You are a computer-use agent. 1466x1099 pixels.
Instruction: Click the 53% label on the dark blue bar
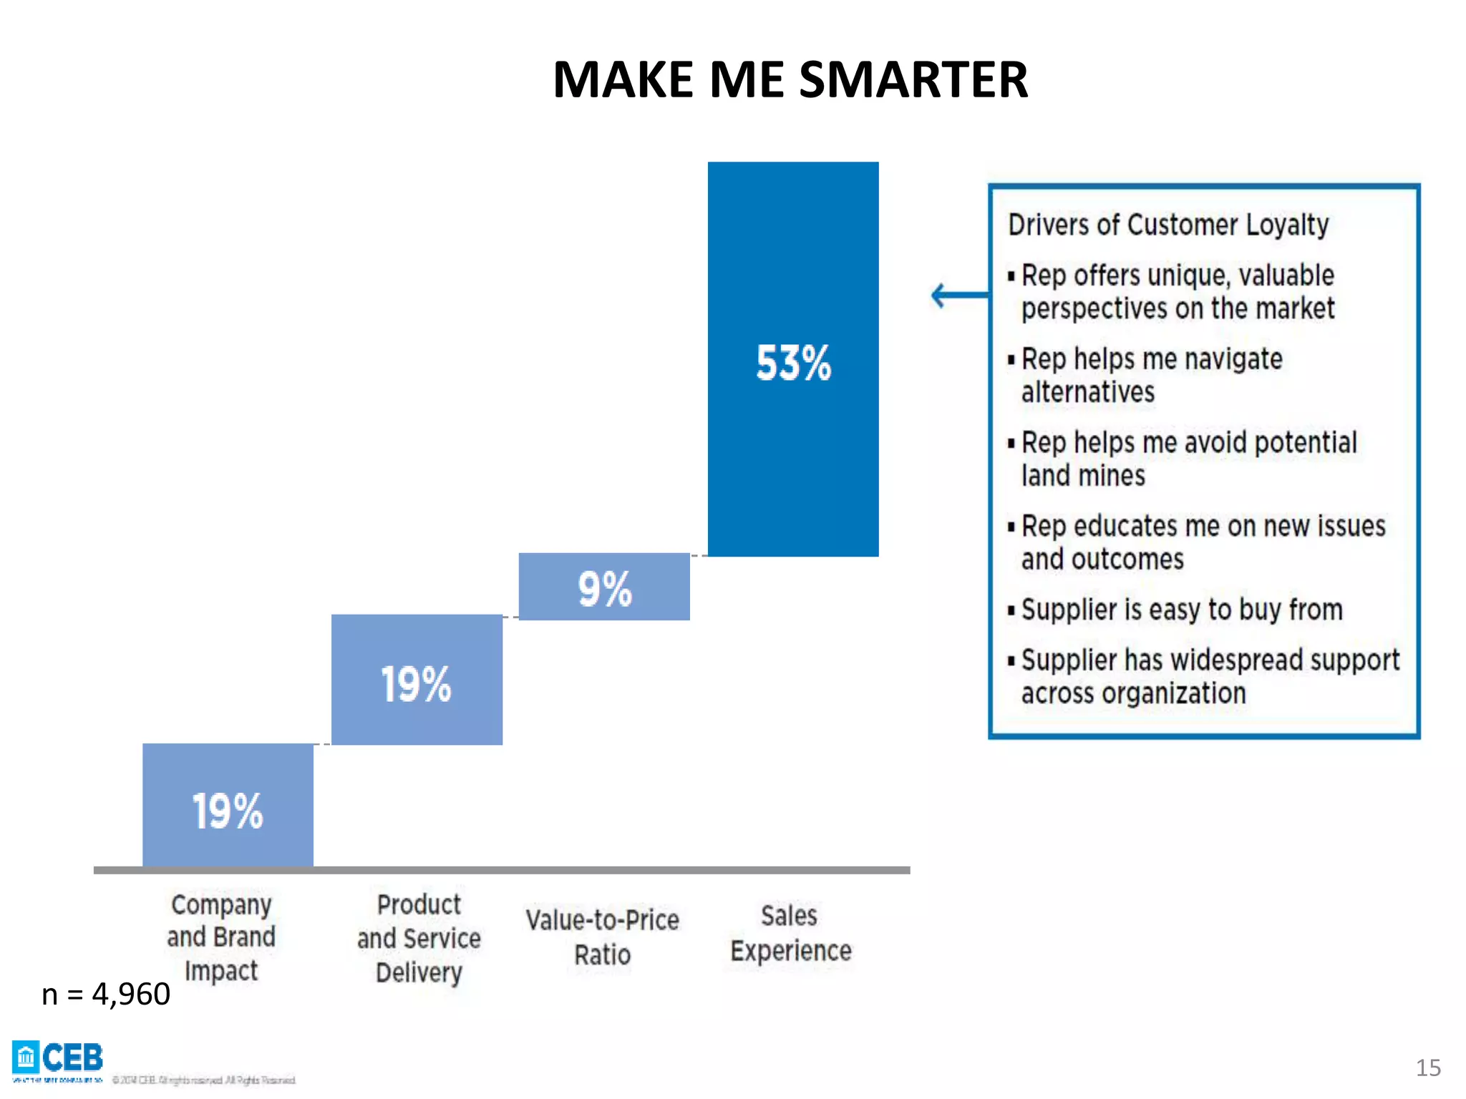793,363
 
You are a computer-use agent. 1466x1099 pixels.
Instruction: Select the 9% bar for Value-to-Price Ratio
604,587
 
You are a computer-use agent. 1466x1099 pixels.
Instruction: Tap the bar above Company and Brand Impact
228,805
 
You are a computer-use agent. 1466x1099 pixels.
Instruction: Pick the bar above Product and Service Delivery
417,680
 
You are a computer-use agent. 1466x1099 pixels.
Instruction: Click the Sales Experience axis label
790,934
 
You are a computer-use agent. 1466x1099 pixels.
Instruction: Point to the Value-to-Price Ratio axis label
602,937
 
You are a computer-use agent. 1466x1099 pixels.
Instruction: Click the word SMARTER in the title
913,79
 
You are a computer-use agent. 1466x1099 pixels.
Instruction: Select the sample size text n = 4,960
106,994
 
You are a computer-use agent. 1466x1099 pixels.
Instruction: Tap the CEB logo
58,1058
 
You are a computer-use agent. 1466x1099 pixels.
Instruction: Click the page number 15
1427,1068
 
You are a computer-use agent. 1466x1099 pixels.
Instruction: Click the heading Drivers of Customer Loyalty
1168,225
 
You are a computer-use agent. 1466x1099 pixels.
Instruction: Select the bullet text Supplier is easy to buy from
1181,610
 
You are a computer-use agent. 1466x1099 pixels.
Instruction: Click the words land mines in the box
1083,476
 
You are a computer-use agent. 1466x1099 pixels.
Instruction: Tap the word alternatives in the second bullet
1087,392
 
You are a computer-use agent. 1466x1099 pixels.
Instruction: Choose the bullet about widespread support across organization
1210,676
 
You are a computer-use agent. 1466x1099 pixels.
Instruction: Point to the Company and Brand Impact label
221,937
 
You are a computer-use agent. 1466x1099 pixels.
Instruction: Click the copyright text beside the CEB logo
204,1080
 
